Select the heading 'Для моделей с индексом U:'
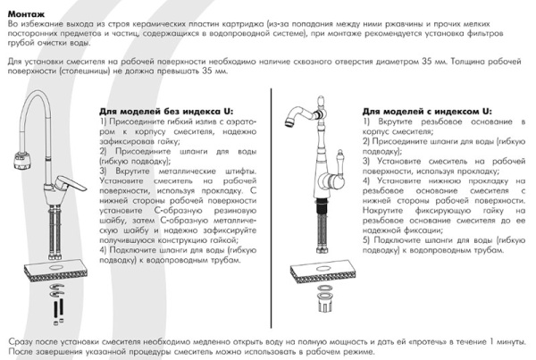pos(415,111)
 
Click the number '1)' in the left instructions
pos(105,121)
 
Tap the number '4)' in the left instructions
pos(105,250)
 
